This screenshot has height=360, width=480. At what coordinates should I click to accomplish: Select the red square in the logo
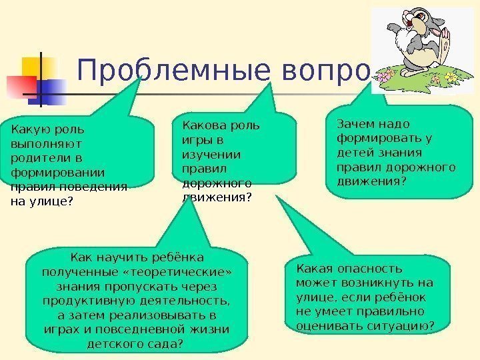(20, 85)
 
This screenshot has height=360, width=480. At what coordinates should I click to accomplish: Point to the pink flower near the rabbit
(383, 77)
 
